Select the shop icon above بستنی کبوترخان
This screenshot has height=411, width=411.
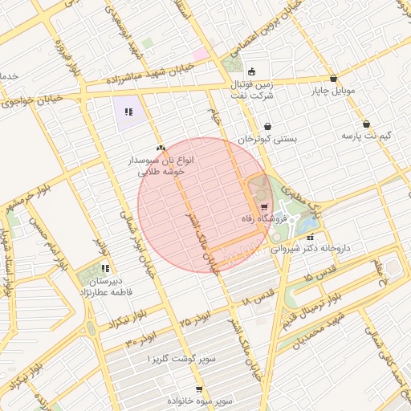267,127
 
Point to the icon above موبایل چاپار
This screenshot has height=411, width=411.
333,79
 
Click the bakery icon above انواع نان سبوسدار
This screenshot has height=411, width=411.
161,148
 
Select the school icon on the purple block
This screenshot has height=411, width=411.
128,111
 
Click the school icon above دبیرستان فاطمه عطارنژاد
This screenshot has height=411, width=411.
104,268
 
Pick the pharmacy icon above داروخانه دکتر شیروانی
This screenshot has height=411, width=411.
310,237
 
